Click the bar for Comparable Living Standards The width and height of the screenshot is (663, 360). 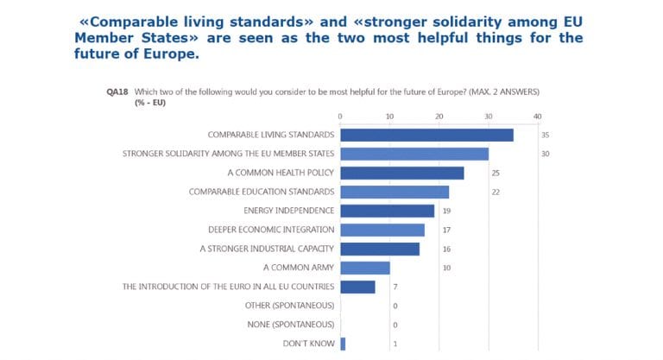(x=426, y=135)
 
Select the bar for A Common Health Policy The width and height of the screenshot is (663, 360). (x=401, y=173)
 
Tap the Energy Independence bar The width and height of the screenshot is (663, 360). (x=387, y=211)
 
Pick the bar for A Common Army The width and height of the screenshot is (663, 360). (x=364, y=268)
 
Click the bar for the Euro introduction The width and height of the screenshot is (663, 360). (x=357, y=287)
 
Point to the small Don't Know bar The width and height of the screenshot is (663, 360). (x=343, y=344)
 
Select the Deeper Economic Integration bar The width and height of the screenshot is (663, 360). (x=382, y=230)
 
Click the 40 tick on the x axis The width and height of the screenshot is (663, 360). (x=538, y=116)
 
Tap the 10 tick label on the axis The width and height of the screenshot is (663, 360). (x=389, y=116)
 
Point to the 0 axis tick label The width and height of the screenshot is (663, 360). (x=340, y=116)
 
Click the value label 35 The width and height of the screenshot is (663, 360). (x=546, y=136)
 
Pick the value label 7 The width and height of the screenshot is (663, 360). (x=394, y=287)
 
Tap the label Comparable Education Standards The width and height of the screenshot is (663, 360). (x=261, y=192)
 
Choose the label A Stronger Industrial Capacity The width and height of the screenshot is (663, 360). (x=266, y=249)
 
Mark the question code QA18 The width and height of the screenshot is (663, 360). (x=117, y=91)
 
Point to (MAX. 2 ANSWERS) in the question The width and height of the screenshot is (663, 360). (x=508, y=91)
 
